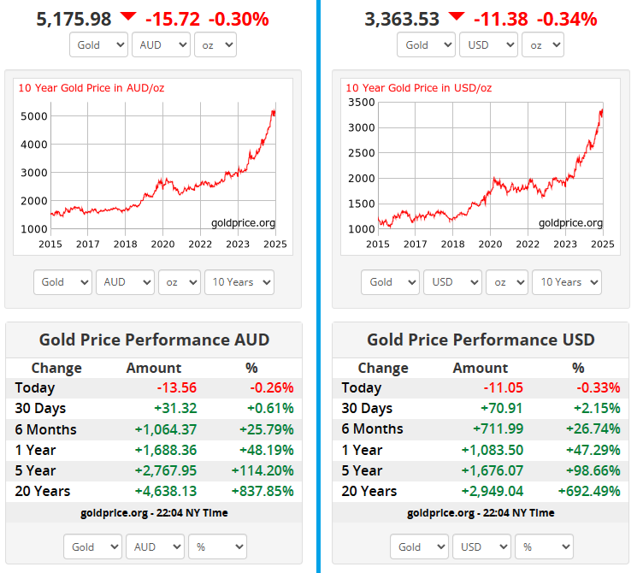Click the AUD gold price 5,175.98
click(x=74, y=18)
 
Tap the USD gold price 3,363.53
click(x=402, y=18)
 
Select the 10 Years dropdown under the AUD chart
click(x=239, y=282)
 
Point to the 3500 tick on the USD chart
click(x=362, y=102)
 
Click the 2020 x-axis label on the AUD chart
click(x=162, y=244)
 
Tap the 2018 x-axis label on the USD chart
click(x=452, y=244)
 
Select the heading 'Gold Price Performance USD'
click(x=481, y=340)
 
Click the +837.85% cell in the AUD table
click(x=262, y=491)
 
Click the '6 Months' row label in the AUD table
click(x=45, y=429)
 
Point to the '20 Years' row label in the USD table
click(x=369, y=491)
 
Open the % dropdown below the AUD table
click(x=217, y=546)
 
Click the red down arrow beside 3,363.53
click(x=457, y=16)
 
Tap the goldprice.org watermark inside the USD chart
click(x=570, y=223)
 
